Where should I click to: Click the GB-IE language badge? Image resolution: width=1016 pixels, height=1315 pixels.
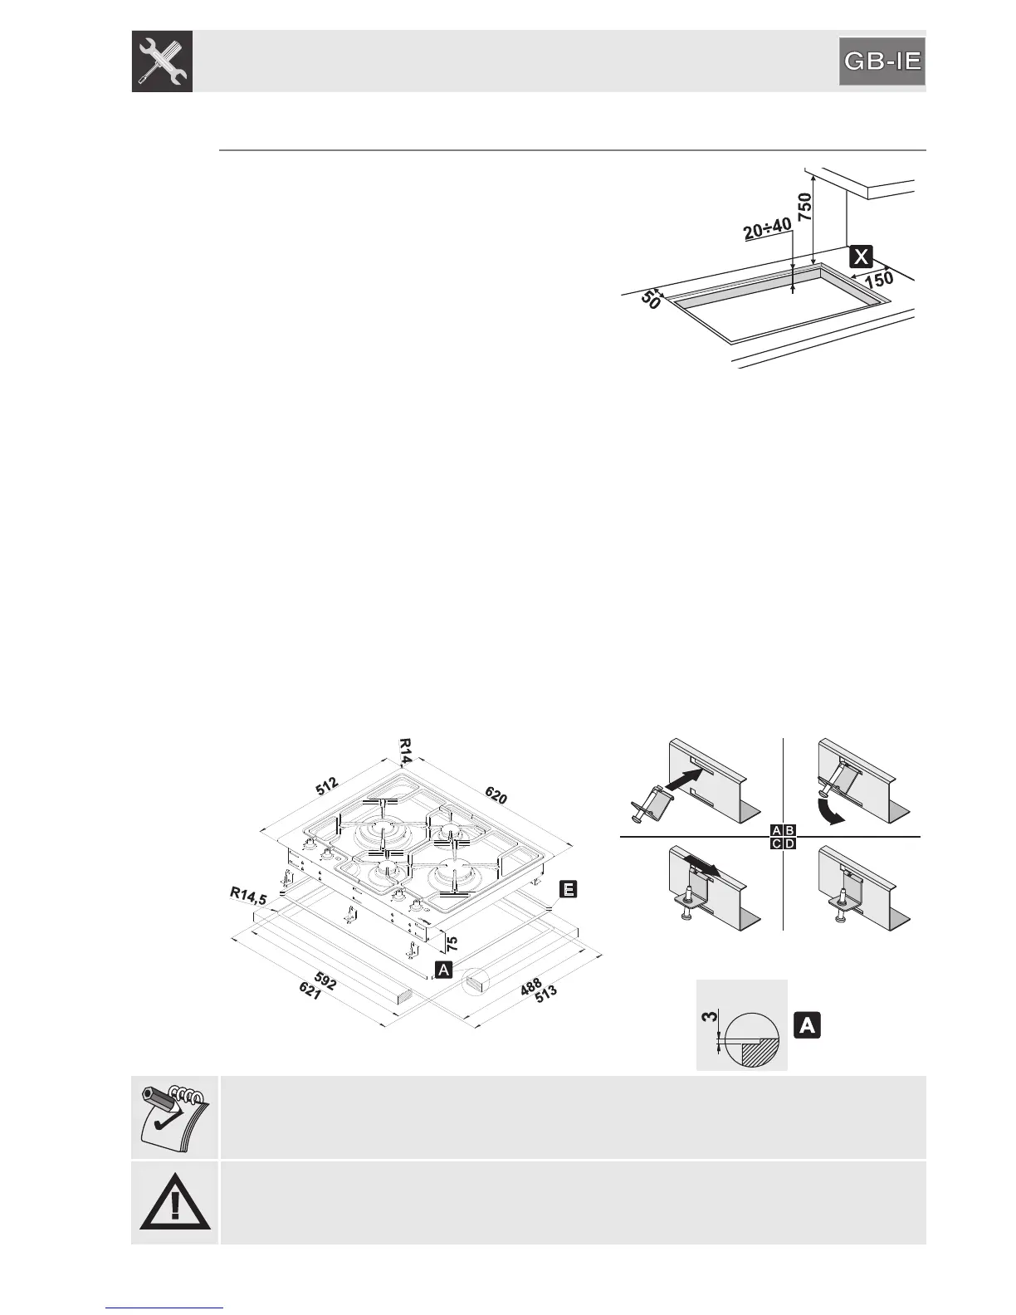click(882, 61)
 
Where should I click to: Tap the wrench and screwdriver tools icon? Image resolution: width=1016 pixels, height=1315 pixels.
click(162, 61)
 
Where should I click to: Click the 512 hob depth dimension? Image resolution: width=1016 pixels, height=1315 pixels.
click(326, 785)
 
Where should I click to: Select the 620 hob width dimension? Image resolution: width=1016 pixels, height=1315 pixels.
click(496, 795)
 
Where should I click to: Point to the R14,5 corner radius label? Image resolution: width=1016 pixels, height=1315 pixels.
click(248, 896)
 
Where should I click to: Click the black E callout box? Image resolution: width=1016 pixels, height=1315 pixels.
click(568, 890)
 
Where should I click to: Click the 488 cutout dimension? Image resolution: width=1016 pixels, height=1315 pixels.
click(531, 985)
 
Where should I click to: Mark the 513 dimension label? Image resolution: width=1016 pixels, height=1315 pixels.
click(545, 996)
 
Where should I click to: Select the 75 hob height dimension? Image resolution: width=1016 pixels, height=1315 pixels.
click(452, 942)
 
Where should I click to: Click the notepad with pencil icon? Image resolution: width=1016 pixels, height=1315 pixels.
click(173, 1117)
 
